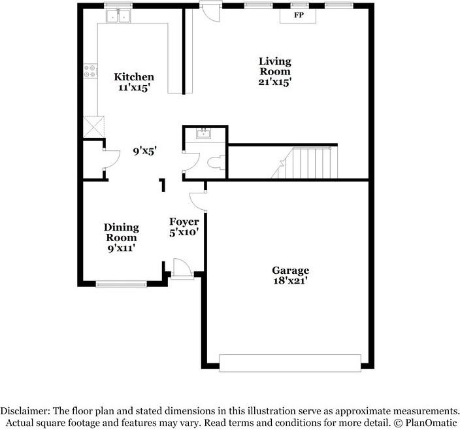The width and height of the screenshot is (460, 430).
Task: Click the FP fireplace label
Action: pyautogui.click(x=299, y=15)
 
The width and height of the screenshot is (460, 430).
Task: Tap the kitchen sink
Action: pyautogui.click(x=118, y=16)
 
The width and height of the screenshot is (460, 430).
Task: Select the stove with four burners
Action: pyautogui.click(x=90, y=71)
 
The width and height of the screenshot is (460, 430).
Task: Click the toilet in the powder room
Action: pyautogui.click(x=216, y=163)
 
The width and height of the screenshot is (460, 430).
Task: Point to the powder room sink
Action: pyautogui.click(x=204, y=134)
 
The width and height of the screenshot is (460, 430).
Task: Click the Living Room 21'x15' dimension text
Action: pyautogui.click(x=274, y=82)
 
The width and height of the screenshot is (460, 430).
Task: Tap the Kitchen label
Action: pyautogui.click(x=134, y=77)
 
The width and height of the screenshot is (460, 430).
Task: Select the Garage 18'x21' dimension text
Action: pyautogui.click(x=290, y=281)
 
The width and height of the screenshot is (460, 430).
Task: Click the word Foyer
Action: pyautogui.click(x=184, y=222)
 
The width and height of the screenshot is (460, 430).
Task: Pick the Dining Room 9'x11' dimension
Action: pyautogui.click(x=121, y=248)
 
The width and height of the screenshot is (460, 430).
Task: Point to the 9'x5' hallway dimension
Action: pyautogui.click(x=144, y=152)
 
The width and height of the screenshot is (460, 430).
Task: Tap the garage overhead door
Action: pyautogui.click(x=290, y=363)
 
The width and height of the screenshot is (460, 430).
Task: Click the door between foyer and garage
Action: pyautogui.click(x=198, y=201)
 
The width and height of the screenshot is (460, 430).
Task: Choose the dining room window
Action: pyautogui.click(x=121, y=284)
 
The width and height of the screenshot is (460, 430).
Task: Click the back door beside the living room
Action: pyautogui.click(x=210, y=11)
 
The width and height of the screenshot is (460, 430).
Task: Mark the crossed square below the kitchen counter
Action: pyautogui.click(x=94, y=127)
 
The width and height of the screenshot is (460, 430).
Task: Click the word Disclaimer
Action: pyautogui.click(x=25, y=410)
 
